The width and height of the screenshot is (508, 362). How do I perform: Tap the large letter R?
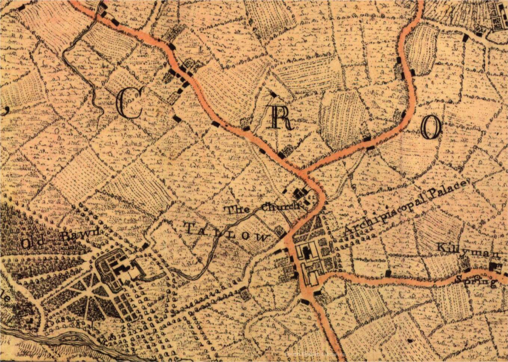tap(281, 119)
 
